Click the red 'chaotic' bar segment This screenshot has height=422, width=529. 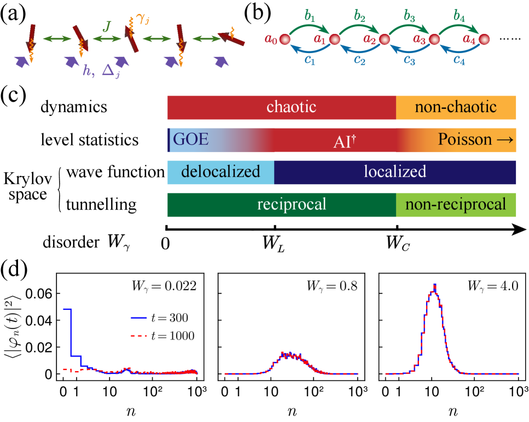[281, 107]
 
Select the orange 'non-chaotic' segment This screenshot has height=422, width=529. [456, 107]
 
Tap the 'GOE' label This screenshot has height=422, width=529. [191, 139]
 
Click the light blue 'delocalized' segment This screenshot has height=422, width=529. [221, 172]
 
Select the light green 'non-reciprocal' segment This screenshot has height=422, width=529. [456, 204]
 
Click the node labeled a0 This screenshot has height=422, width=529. [284, 39]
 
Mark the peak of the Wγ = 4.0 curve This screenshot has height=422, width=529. [434, 285]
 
